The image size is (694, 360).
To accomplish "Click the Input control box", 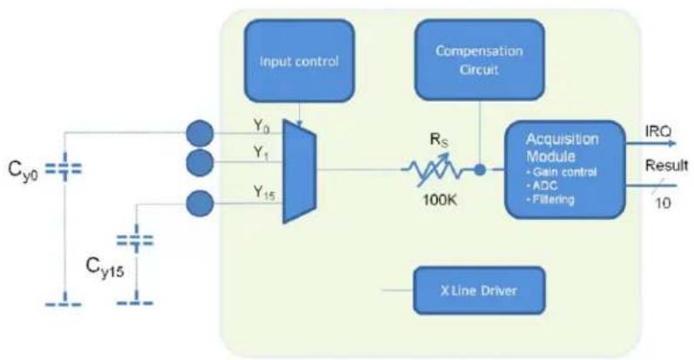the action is tap(300, 61).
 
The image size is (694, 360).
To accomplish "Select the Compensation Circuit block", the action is tap(479, 60).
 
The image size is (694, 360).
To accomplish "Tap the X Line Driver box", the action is tap(479, 290).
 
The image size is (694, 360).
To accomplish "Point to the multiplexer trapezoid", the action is tap(299, 171).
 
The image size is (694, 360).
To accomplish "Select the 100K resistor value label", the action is tap(439, 200).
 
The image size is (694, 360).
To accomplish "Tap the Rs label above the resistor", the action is tap(439, 140).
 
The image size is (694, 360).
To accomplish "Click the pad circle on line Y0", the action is tap(200, 133).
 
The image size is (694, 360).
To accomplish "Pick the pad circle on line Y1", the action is tap(200, 163).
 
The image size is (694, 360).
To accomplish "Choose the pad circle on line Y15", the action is tap(200, 203).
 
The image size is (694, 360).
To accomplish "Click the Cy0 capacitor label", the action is tap(23, 170).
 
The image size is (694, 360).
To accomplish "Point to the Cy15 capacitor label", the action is tap(105, 267).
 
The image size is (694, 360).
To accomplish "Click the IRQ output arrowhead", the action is tap(672, 143).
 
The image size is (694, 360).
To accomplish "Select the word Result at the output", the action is tap(666, 165).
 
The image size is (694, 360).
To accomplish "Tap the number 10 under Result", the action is tap(663, 203).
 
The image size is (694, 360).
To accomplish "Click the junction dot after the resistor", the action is tap(480, 170).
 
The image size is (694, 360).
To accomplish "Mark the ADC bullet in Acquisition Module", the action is tap(541, 185).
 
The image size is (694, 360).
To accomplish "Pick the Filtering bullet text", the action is tap(551, 199).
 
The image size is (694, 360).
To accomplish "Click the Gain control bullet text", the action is tap(561, 172).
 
